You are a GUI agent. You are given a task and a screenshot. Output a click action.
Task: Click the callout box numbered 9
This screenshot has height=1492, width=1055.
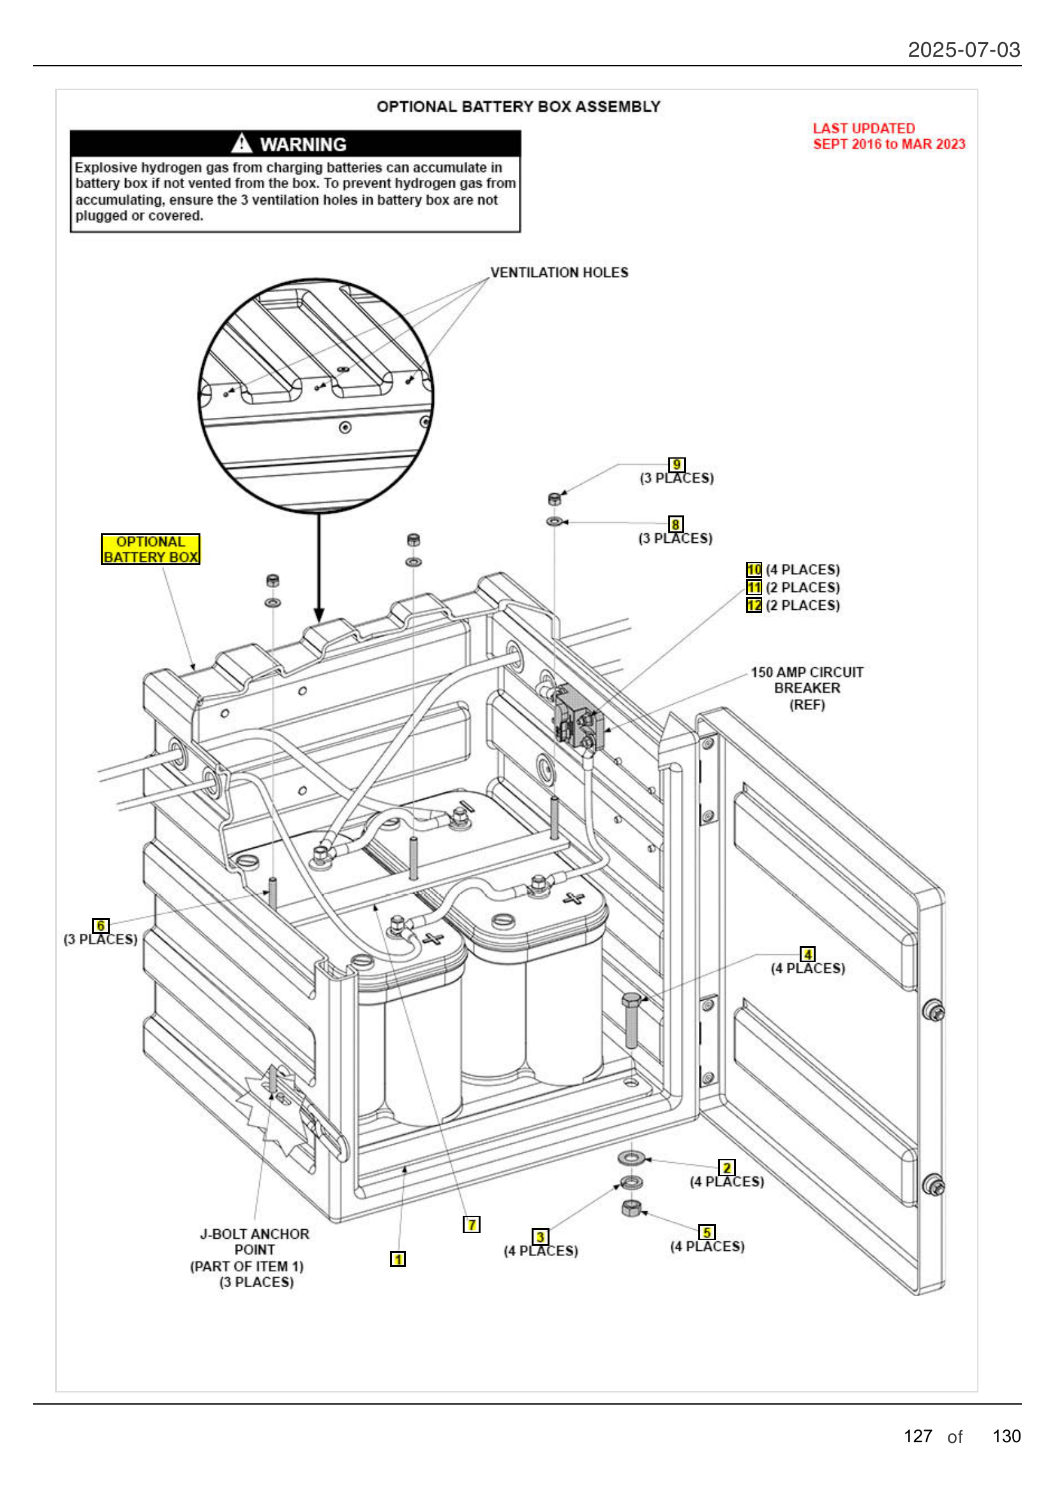tap(676, 464)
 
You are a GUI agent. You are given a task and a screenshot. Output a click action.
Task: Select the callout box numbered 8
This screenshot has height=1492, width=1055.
tap(675, 524)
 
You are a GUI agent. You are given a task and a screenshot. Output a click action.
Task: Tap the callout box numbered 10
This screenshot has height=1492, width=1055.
tap(753, 569)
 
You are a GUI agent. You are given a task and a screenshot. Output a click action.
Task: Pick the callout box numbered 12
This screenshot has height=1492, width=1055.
tap(753, 605)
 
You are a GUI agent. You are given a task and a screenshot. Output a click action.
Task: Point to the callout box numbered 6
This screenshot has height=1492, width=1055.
tap(100, 925)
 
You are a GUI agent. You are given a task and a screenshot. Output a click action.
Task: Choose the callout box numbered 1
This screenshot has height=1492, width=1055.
tap(397, 1259)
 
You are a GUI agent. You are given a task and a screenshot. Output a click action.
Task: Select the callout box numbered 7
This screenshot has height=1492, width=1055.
tap(471, 1224)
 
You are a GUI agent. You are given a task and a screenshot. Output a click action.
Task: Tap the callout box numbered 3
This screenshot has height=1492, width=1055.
tap(539, 1236)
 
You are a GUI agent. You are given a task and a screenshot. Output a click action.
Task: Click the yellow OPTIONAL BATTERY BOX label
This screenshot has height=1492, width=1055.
tap(150, 549)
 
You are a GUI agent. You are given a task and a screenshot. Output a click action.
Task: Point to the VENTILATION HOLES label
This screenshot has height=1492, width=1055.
tap(559, 272)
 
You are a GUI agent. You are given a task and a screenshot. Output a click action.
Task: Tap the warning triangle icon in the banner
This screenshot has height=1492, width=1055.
tap(241, 143)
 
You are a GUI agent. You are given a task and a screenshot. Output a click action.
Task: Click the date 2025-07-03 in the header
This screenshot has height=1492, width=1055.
tap(963, 49)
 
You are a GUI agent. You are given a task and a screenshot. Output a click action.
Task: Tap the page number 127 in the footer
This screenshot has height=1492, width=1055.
tap(917, 1435)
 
